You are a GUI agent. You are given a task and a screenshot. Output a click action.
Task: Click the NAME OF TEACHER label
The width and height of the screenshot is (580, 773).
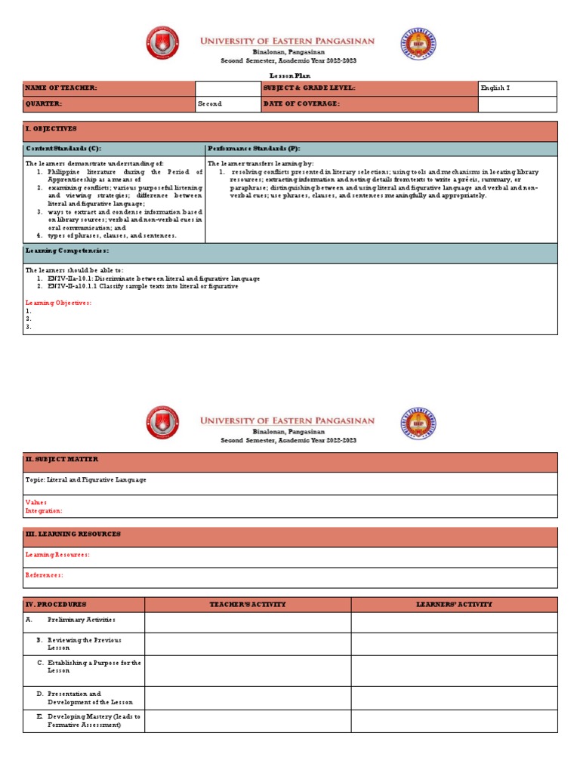pos(61,88)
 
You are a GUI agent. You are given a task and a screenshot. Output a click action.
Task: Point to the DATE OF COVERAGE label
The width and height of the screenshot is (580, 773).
pos(301,103)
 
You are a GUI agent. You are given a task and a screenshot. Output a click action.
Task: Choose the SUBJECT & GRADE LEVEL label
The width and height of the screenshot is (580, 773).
pos(309,88)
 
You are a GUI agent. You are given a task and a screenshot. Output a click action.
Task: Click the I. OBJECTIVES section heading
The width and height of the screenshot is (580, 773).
pos(51,129)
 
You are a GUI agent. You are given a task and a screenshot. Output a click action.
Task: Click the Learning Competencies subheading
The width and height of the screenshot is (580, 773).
pos(67,250)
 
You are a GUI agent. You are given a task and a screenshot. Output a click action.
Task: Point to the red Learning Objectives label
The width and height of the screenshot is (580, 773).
pos(58,302)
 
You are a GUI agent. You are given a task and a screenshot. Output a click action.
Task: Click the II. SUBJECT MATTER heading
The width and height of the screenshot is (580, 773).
pos(62,459)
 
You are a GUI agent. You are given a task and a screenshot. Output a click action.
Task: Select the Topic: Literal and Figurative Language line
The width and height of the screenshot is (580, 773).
pos(86,479)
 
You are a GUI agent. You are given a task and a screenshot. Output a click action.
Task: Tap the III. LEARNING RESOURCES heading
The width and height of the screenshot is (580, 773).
pos(73,534)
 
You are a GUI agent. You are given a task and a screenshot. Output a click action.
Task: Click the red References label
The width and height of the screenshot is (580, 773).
pos(45,574)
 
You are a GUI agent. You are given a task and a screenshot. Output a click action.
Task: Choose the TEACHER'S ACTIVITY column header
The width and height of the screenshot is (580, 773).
pos(247,604)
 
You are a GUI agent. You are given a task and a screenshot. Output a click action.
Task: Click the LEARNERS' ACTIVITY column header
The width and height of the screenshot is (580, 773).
pos(454,604)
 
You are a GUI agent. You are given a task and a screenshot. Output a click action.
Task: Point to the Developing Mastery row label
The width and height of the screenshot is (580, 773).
pos(94,719)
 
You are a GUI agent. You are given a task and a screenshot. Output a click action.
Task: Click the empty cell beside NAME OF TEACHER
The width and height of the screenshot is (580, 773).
pos(227,88)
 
